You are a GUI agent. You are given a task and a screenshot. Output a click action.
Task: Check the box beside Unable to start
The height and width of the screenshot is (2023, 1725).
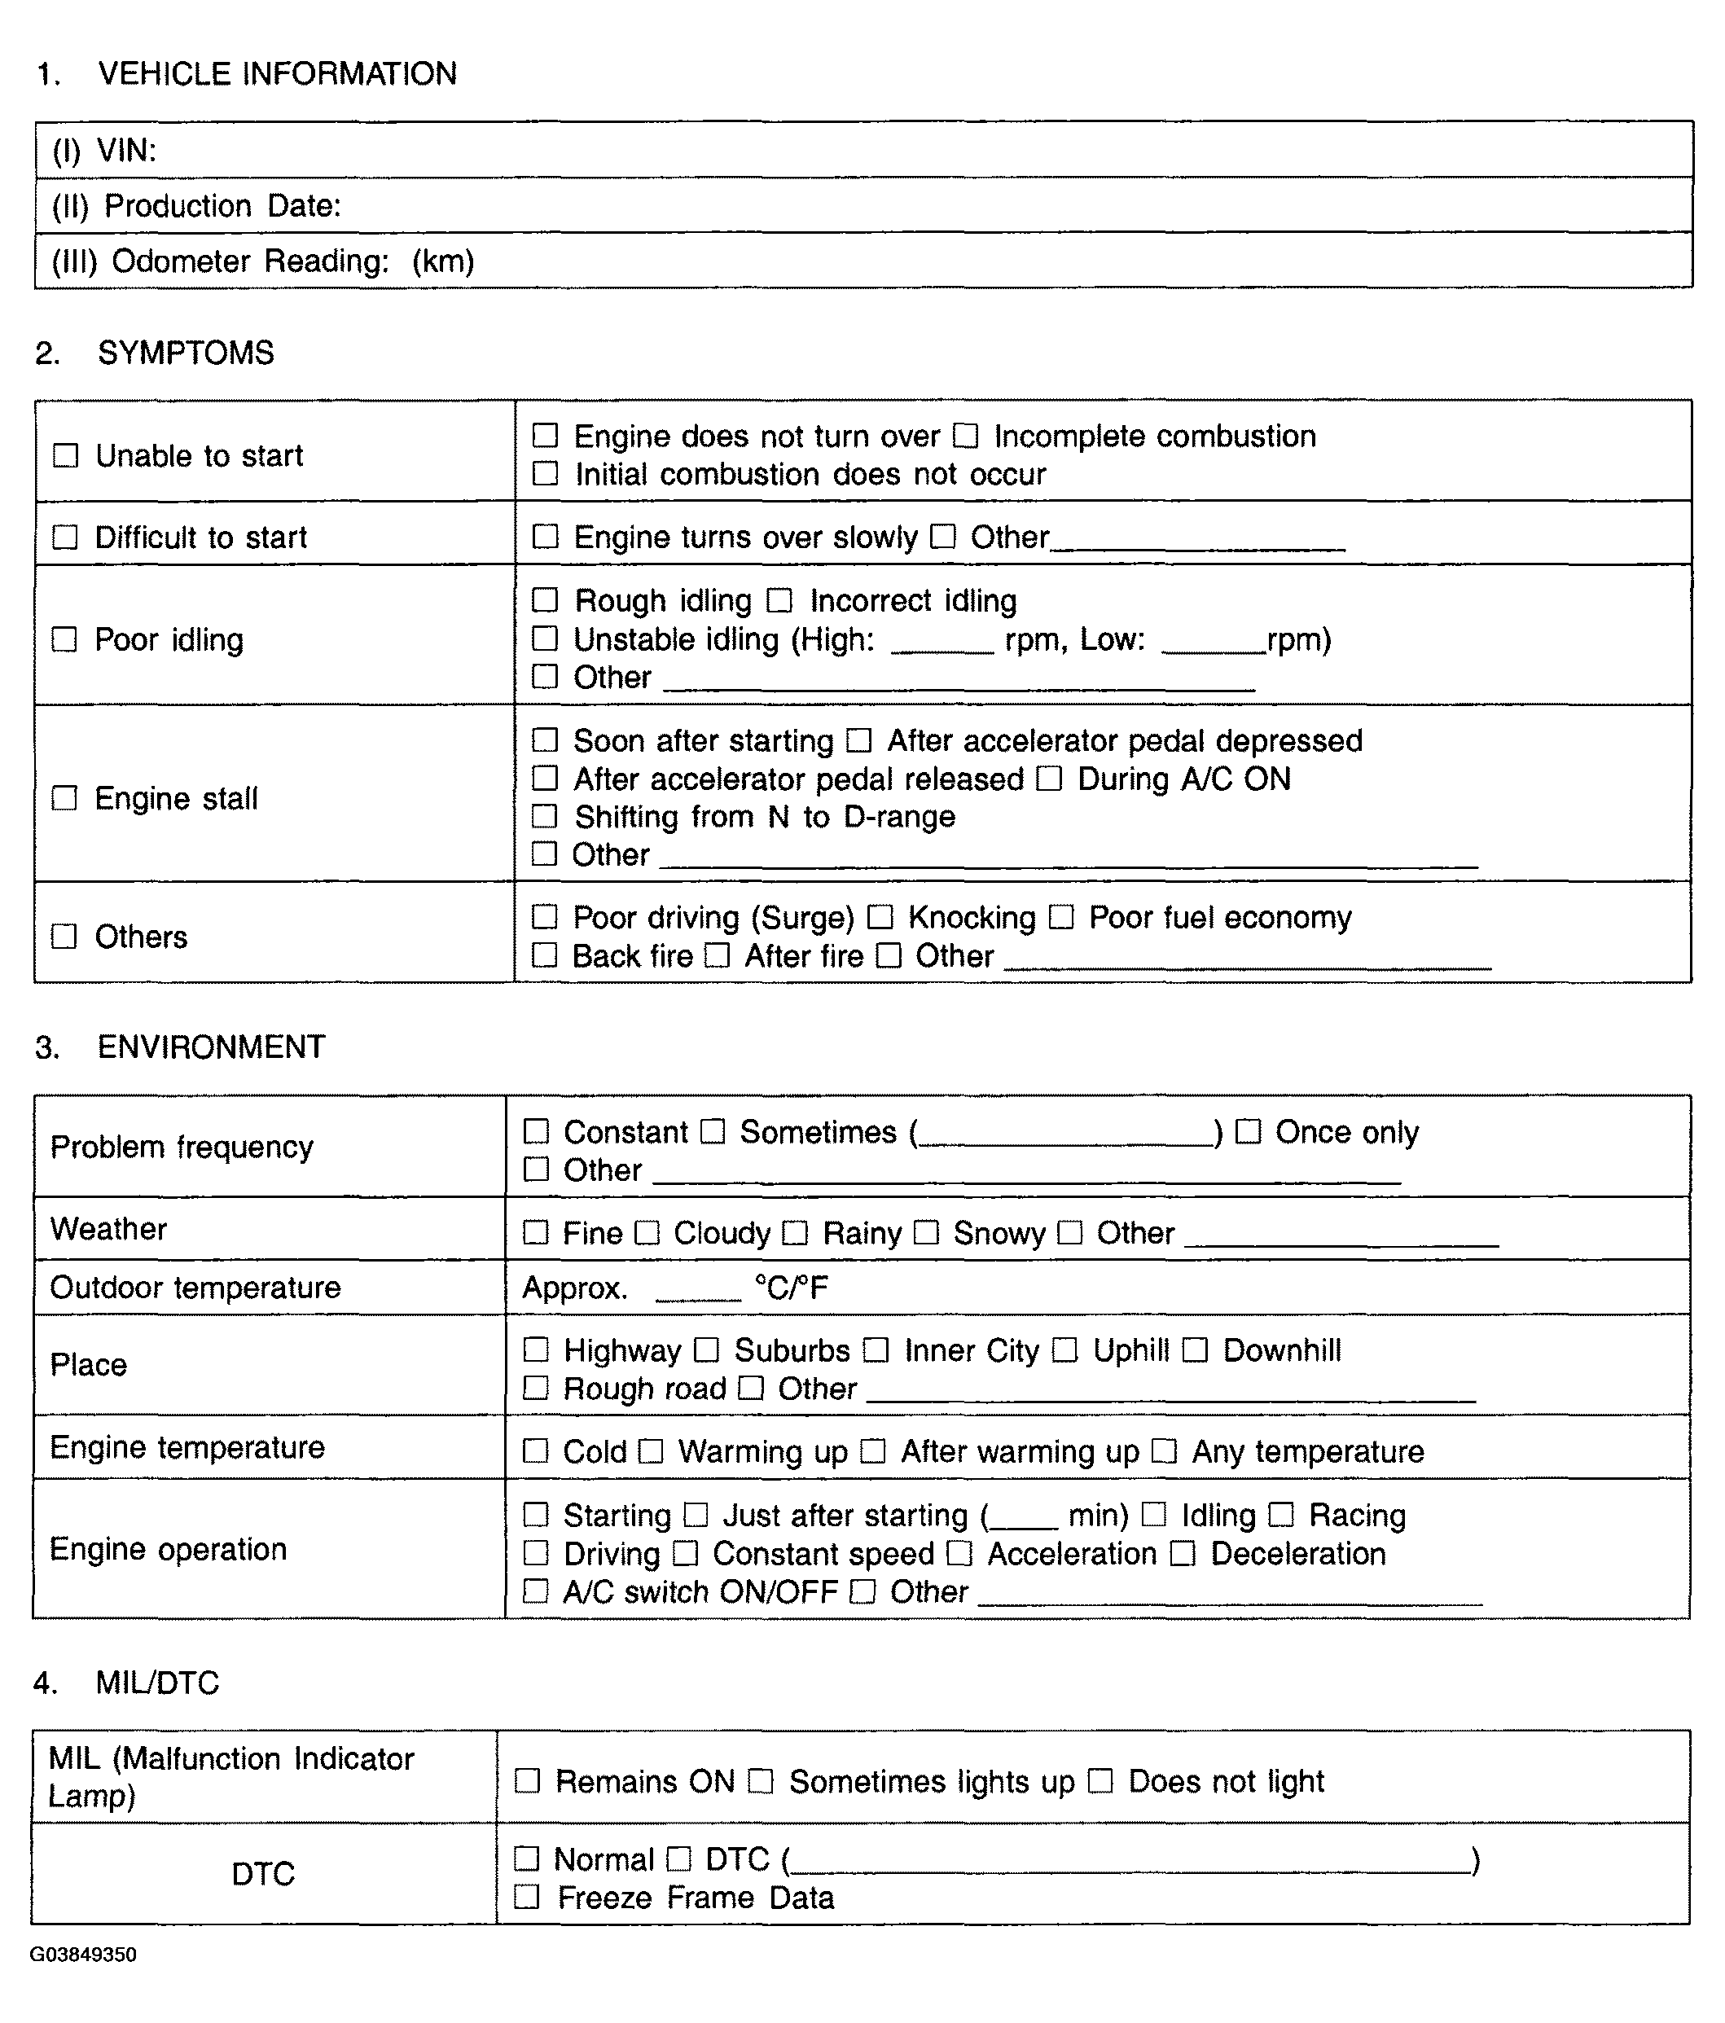(x=65, y=456)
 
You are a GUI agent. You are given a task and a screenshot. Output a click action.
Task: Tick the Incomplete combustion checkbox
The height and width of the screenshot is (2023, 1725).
(x=965, y=436)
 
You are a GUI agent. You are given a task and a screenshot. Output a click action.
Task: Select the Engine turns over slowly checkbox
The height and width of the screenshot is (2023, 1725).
(x=545, y=537)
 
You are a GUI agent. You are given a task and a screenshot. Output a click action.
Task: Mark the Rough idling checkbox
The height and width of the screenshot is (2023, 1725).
(x=545, y=599)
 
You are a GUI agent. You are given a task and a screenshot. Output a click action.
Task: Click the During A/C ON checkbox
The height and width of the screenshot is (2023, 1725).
(x=1050, y=778)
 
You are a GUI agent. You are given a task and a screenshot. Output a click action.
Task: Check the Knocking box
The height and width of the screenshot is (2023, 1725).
(x=880, y=917)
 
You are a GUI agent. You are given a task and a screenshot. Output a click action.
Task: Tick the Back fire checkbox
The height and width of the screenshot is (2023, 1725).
(x=544, y=954)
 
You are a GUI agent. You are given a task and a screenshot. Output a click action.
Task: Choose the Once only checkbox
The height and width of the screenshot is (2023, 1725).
(x=1248, y=1131)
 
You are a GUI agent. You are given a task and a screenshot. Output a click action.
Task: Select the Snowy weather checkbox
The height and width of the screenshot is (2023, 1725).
(x=927, y=1233)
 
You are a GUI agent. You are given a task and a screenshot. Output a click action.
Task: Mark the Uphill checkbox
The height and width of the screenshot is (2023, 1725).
(x=1065, y=1350)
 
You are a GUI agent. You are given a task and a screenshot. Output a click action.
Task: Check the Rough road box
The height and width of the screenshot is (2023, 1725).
(x=536, y=1389)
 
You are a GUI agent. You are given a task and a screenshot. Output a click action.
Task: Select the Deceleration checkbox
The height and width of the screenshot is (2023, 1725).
(x=1183, y=1553)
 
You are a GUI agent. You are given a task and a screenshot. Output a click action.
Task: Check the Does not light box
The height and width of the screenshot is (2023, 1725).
(x=1100, y=1782)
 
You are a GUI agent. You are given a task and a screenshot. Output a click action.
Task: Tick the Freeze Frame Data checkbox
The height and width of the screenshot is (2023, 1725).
(x=527, y=1897)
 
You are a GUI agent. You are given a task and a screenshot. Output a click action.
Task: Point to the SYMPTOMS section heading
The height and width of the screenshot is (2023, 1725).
(x=186, y=353)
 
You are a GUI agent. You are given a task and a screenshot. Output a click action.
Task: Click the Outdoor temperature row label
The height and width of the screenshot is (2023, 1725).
(x=195, y=1288)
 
